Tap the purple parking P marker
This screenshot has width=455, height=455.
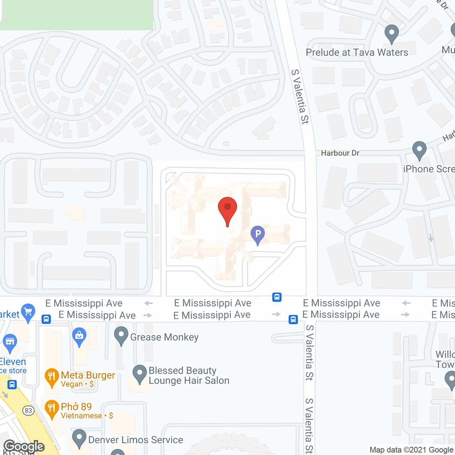point(258,235)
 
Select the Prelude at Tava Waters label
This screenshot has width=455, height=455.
point(357,53)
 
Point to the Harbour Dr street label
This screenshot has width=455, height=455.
point(340,153)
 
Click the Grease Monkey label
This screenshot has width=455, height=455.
point(164,337)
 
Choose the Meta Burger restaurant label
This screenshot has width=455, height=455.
point(88,375)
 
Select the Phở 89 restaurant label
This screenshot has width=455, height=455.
point(76,407)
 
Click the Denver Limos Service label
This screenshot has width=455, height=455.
point(135,440)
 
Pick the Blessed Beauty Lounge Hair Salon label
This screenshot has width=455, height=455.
point(189,375)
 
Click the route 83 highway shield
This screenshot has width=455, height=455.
point(28,411)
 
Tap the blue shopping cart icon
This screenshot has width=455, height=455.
point(28,312)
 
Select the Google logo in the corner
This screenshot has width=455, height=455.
point(24,446)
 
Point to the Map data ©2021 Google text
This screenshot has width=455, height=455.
point(412,450)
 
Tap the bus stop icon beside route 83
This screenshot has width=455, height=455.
point(12,385)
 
